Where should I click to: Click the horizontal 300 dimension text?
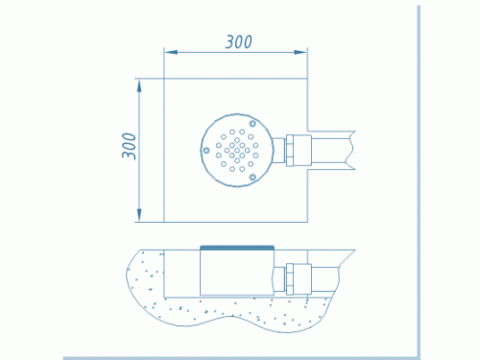pos(239,42)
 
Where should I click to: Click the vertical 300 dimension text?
pos(129,146)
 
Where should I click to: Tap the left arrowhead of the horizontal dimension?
pos(171,52)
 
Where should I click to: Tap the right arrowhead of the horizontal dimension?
pos(300,52)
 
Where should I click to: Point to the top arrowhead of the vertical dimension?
pos(139,85)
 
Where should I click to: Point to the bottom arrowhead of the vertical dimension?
pos(139,215)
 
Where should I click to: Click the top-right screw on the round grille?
pos(252,124)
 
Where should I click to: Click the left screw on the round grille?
pos(206,150)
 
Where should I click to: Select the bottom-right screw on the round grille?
pos(252,177)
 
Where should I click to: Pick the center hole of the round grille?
pos(237,150)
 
